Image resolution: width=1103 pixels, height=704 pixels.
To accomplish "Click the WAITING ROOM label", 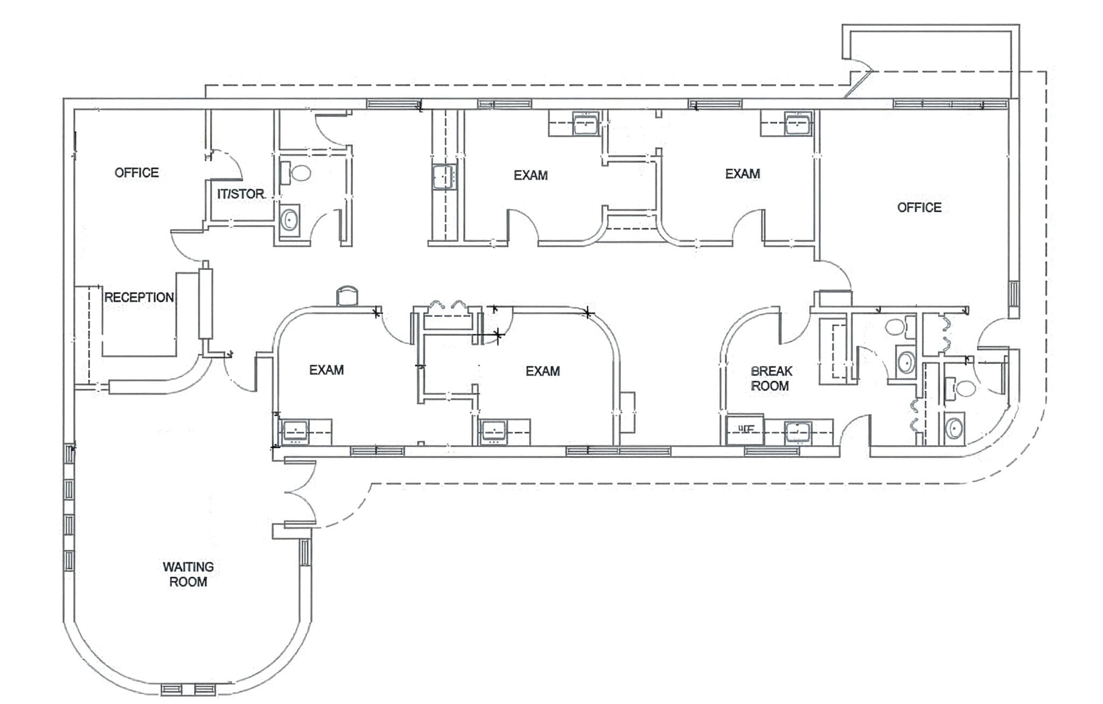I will point(188,574).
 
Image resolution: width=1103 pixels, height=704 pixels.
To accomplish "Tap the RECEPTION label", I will point(139,297).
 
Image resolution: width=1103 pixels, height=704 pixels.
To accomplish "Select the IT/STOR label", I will point(240,194).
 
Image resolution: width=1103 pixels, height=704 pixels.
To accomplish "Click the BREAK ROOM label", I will point(771,378).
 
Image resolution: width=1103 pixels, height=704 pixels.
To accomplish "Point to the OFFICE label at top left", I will point(137,172).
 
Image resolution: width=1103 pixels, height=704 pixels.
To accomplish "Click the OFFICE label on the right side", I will point(919,208).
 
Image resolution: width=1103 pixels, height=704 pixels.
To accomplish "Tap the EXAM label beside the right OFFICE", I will point(742,174).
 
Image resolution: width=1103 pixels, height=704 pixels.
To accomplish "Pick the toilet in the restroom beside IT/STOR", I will point(297,173).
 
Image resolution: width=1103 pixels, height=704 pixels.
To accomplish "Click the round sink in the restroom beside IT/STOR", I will point(290,220).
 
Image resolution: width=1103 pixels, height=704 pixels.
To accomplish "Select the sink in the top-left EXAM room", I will point(585,124).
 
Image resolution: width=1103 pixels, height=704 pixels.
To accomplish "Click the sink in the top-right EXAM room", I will point(797,124).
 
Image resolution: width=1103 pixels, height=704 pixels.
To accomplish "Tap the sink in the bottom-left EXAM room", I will point(295,432).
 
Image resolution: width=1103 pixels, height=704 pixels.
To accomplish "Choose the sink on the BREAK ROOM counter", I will point(797,432).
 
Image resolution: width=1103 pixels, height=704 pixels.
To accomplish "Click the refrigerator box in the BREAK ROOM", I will point(745,429).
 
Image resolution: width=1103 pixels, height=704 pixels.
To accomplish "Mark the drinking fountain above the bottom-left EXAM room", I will point(347,296).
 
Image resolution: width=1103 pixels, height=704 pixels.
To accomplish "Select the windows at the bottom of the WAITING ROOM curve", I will point(189,689).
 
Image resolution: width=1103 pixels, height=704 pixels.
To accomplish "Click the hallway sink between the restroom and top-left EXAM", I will point(444,177).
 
